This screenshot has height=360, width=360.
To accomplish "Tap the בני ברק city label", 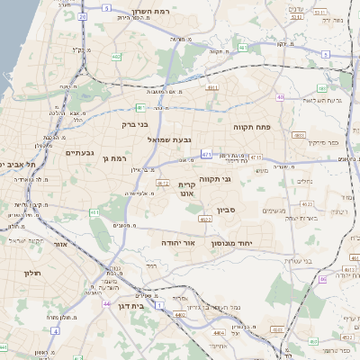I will tap(129, 125).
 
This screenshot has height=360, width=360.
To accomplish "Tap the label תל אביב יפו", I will tap(18, 165).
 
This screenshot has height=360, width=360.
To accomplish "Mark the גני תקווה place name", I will tap(238, 178).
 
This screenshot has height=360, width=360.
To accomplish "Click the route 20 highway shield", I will tap(82, 15).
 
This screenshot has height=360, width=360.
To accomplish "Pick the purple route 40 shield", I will tap(280, 97).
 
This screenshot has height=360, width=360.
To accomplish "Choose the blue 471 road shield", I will tap(206, 154).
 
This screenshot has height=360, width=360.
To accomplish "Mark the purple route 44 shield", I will tap(107, 304).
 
